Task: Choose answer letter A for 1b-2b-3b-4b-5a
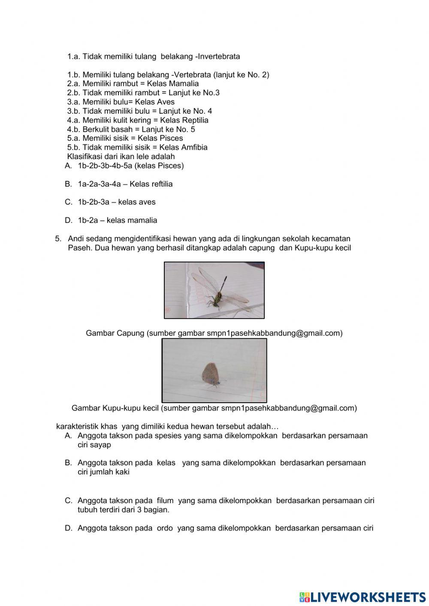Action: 68,166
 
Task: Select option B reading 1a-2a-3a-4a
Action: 68,184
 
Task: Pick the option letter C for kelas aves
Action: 68,202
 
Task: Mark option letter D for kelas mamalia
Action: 68,220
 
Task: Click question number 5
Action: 58,239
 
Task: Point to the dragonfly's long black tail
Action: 224,283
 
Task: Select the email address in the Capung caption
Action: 274,333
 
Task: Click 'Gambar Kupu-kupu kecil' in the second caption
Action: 115,408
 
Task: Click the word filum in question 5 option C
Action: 165,500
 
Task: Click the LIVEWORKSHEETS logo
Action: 363,597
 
